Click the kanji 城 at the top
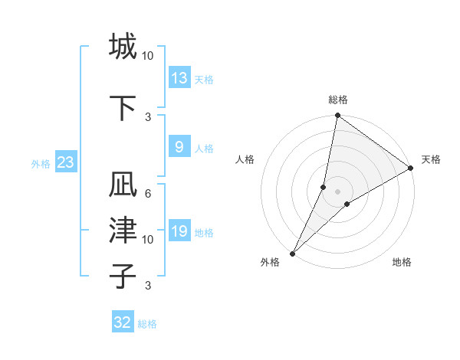[123, 47]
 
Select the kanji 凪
[123, 186]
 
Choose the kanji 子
[123, 276]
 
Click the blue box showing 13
[179, 78]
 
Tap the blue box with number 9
[179, 147]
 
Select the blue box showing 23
[65, 163]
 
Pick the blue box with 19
[179, 231]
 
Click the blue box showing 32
[123, 322]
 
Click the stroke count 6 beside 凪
[148, 194]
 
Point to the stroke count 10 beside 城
[148, 56]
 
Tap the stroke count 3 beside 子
[148, 286]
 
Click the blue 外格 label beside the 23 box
[41, 164]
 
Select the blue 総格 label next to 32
[147, 324]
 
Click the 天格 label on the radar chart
[431, 159]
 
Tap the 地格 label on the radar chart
[402, 263]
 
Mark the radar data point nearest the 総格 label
[337, 116]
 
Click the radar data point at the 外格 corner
[292, 253]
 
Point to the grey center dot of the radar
[337, 191]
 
